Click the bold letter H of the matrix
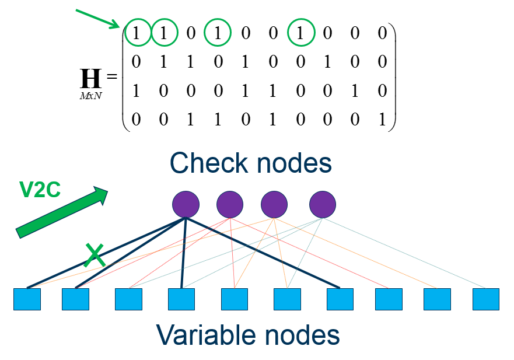coord(90,78)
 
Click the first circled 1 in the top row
coord(136,33)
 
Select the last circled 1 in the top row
coord(301,33)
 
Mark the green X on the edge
coord(95,256)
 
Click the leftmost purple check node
coord(186,204)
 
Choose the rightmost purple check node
coord(323,204)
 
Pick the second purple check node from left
coord(230,204)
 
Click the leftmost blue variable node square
coord(27,299)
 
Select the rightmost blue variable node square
coord(486,299)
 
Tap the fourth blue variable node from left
coord(181,299)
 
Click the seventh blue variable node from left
coord(340,299)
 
